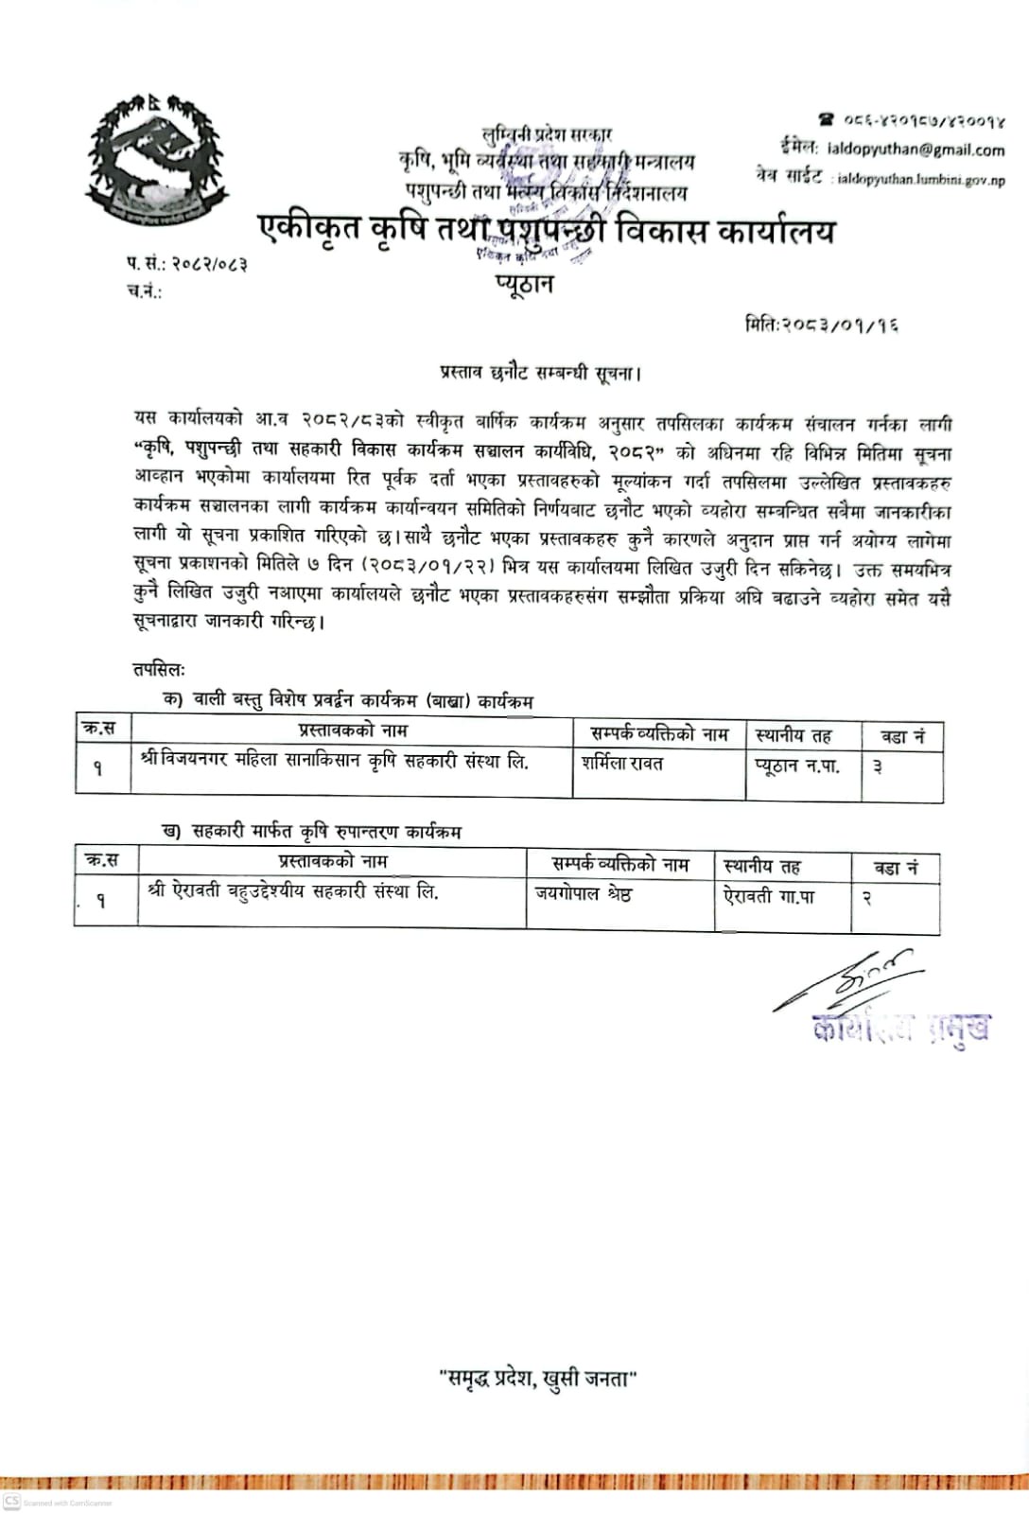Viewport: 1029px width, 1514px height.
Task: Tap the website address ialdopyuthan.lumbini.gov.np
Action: click(x=917, y=180)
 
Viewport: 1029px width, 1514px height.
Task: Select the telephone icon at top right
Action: click(x=827, y=120)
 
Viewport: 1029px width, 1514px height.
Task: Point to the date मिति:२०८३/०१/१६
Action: click(x=821, y=326)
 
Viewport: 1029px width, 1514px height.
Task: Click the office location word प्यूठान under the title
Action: click(x=523, y=284)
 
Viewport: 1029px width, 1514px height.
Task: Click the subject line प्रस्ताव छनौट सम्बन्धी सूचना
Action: click(x=540, y=372)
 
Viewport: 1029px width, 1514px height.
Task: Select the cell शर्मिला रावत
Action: click(x=622, y=764)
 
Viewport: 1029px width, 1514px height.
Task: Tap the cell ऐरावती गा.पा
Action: click(x=770, y=895)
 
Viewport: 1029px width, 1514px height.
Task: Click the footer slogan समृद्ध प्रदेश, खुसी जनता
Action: click(x=538, y=1380)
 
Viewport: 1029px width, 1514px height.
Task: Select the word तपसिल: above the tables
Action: click(x=159, y=670)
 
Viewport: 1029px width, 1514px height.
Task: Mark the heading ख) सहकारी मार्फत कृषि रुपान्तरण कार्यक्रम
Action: click(x=312, y=832)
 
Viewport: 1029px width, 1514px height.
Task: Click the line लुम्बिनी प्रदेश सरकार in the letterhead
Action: click(x=547, y=136)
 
